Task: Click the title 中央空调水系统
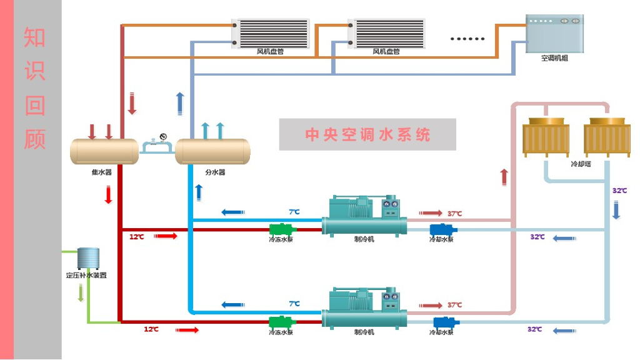tap(367, 134)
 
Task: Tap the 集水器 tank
tap(104, 151)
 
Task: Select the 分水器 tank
tap(212, 151)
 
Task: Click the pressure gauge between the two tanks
tap(163, 137)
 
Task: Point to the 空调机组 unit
tap(554, 34)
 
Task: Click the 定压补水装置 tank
tap(88, 258)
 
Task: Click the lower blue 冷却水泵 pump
tap(444, 323)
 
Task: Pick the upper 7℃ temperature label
tap(294, 212)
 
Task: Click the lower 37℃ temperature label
tap(454, 305)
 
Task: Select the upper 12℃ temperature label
tap(137, 237)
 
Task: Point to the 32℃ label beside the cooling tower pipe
tap(619, 191)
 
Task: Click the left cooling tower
tap(546, 138)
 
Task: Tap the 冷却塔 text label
tap(581, 164)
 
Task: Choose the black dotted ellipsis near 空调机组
tap(467, 39)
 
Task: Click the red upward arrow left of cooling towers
tap(504, 177)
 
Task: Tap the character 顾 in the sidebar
tap(35, 139)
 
